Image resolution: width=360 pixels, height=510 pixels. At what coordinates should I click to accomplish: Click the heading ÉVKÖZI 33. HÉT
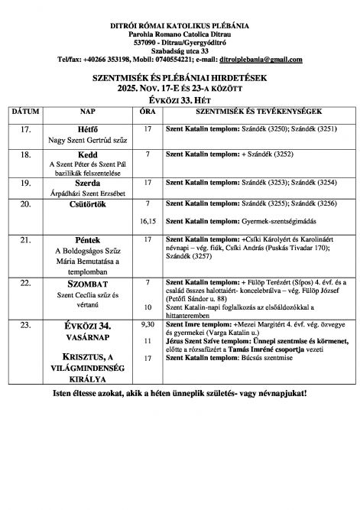coord(180,99)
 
